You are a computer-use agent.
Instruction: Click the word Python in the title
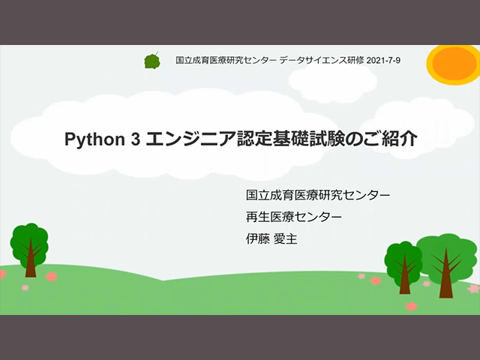(94, 139)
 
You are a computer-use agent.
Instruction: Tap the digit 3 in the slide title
(135, 139)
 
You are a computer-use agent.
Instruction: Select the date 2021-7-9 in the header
(383, 60)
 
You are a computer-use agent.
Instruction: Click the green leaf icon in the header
(152, 61)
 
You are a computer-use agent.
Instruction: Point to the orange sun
(454, 64)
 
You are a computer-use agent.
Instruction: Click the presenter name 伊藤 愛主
(271, 238)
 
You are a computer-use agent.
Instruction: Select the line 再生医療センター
(294, 217)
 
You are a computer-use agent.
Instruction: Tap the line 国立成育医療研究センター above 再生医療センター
(318, 195)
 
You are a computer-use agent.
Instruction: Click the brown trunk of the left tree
(31, 260)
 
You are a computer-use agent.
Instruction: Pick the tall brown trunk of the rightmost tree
(445, 275)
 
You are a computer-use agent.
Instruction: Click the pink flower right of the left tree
(51, 277)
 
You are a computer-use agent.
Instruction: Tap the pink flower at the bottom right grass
(411, 306)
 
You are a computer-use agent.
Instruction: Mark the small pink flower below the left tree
(25, 288)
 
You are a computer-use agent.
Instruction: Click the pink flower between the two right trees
(427, 283)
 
